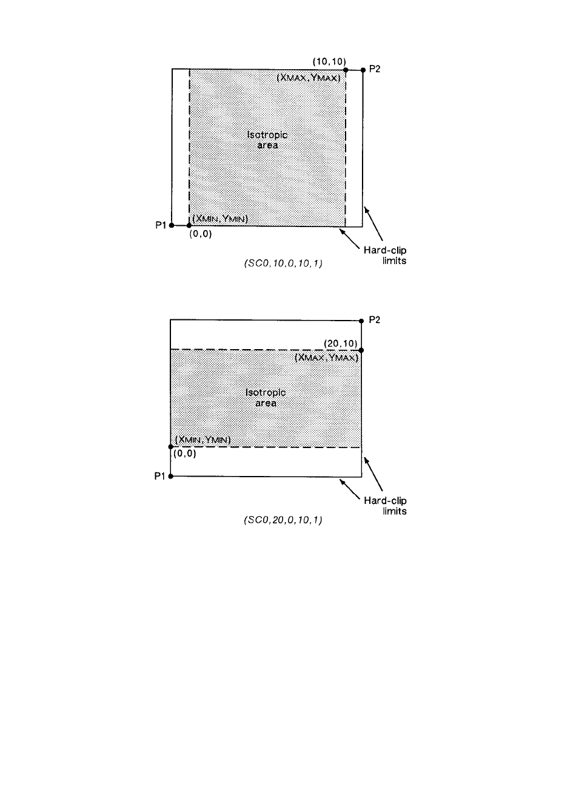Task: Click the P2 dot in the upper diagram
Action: [x=363, y=70]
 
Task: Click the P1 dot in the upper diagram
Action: [x=172, y=225]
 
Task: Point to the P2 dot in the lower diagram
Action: [x=361, y=321]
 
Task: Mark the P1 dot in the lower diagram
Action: [x=171, y=477]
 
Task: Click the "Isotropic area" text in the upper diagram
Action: [x=267, y=140]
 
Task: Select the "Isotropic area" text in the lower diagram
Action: [x=266, y=398]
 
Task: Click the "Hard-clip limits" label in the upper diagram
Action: [x=385, y=255]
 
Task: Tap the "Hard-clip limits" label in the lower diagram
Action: [x=385, y=506]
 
